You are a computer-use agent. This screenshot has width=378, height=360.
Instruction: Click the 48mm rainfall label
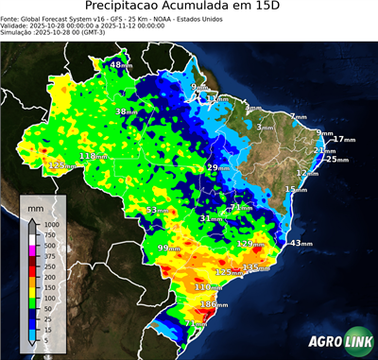121,65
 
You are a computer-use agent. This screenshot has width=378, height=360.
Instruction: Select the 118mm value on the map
92,156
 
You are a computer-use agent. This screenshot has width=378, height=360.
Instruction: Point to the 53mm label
158,210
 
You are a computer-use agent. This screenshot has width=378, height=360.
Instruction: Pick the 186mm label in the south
213,304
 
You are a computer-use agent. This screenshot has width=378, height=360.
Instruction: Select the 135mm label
255,267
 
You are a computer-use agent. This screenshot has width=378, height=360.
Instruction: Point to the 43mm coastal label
301,244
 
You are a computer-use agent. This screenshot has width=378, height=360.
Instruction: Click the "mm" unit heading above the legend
36,205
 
